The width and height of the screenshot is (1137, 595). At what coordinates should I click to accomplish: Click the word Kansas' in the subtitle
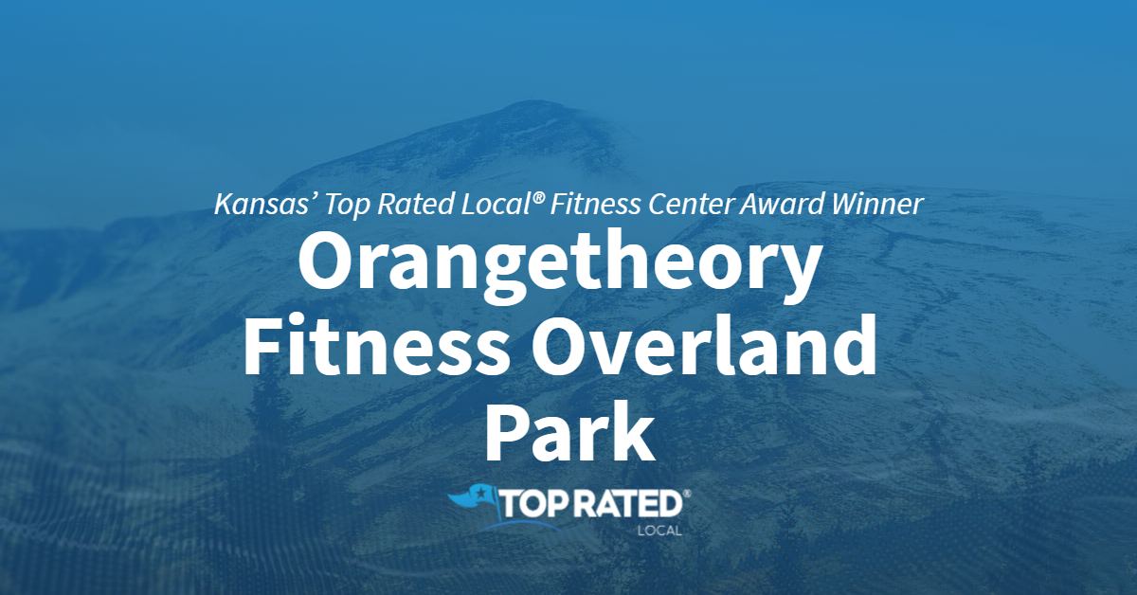262,204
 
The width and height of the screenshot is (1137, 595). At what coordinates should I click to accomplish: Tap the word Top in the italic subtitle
346,205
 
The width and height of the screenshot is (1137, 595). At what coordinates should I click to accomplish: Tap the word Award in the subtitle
783,204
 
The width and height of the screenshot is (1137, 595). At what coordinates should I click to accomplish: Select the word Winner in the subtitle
877,204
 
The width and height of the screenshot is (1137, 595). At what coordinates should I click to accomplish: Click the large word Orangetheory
558,267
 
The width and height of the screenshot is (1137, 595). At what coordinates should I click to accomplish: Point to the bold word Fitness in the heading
377,344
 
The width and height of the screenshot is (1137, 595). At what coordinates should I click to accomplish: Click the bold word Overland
703,344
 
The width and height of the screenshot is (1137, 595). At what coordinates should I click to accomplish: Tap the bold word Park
569,431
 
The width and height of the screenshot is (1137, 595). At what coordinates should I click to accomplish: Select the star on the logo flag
478,492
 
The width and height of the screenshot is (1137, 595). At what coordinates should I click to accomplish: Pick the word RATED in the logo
628,504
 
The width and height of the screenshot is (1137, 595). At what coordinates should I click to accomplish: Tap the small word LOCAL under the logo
659,531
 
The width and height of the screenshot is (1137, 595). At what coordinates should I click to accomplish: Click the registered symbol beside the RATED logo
687,493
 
